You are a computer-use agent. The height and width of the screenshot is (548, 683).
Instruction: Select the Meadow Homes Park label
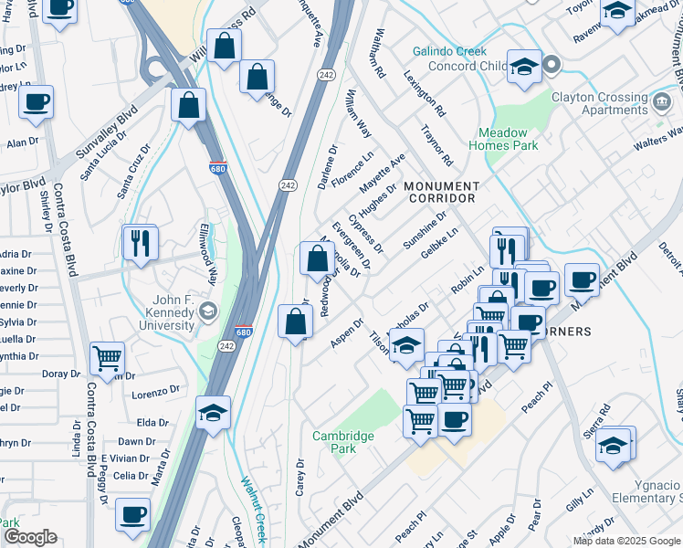[x=503, y=138]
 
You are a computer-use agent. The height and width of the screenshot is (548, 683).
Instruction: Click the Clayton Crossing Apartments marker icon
[x=659, y=99]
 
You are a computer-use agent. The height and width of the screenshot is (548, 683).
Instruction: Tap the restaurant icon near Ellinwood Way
[x=141, y=243]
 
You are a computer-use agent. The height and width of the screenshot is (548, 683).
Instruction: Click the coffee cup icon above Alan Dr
[x=36, y=102]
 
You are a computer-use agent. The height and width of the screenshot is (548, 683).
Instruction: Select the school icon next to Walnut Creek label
[x=213, y=412]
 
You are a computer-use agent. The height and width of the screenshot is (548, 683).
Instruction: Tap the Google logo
[x=30, y=537]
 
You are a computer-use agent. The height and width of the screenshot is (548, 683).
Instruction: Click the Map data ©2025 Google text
[x=626, y=541]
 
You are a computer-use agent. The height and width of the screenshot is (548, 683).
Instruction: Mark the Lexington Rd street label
[x=427, y=96]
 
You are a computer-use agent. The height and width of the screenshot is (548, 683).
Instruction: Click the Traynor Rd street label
[x=436, y=147]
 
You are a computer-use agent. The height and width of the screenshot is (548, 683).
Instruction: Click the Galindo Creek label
[x=449, y=52]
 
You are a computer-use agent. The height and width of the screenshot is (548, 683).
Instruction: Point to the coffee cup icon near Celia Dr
[x=132, y=514]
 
